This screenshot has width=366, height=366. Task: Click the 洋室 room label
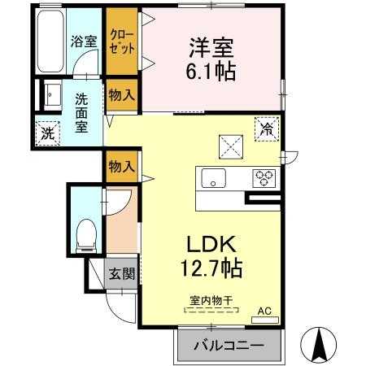211,48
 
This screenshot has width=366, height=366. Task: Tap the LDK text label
211,244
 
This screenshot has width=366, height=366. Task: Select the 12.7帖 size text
211,268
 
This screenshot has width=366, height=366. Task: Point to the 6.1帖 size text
211,72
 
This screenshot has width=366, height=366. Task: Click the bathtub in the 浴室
50,41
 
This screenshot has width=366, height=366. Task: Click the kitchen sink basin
213,178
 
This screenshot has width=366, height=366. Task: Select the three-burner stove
264,178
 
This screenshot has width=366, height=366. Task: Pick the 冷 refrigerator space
267,129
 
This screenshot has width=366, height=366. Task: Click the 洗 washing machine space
48,133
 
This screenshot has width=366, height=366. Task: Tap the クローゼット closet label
122,41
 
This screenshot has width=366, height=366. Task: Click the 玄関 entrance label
122,273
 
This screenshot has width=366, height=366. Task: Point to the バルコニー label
229,346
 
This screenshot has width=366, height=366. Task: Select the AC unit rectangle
265,320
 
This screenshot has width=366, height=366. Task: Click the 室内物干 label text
211,300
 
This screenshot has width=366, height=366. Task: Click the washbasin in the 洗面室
52,95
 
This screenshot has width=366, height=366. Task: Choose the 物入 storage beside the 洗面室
122,95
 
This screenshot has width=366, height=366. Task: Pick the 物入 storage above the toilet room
122,166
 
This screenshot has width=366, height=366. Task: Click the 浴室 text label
84,41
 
